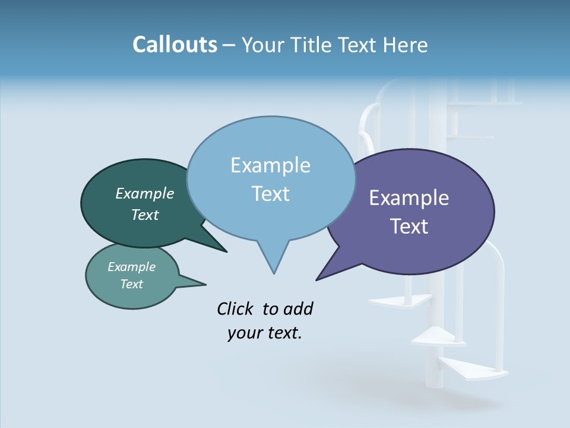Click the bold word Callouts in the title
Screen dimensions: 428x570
(x=175, y=45)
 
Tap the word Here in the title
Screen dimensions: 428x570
(x=406, y=45)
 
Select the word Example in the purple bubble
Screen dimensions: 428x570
(x=409, y=198)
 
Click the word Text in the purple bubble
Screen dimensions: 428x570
(x=409, y=226)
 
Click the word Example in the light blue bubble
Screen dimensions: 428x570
(x=270, y=165)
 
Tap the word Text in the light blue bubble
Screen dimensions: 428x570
(x=270, y=194)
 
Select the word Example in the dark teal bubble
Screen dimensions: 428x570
(x=144, y=194)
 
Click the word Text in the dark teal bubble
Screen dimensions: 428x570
(x=144, y=215)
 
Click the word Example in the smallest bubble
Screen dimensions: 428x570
(x=131, y=267)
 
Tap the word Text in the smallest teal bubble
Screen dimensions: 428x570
(x=131, y=284)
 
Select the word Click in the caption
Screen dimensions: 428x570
(x=236, y=309)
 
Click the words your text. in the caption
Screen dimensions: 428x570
(x=265, y=333)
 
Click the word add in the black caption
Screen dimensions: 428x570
(x=299, y=309)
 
